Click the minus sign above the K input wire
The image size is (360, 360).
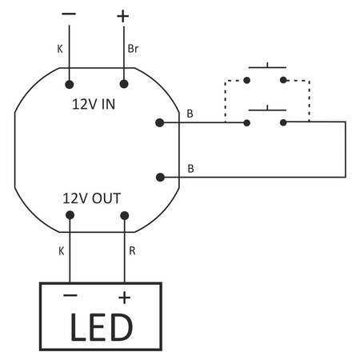tap(69, 14)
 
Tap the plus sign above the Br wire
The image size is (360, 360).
tap(122, 15)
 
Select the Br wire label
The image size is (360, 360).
tap(134, 49)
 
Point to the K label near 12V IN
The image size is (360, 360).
tap(60, 49)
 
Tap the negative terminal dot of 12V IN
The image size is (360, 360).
tap(70, 83)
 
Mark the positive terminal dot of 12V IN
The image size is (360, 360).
tap(124, 83)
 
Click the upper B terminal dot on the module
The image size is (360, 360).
tap(160, 122)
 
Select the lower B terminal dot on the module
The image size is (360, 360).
tap(160, 177)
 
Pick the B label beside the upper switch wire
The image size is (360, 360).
tap(190, 114)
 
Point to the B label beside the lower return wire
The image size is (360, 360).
tap(190, 168)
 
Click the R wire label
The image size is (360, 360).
tap(133, 250)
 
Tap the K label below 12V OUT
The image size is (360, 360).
tap(60, 250)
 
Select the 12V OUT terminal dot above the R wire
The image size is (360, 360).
tap(124, 215)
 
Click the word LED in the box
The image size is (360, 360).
tap(99, 326)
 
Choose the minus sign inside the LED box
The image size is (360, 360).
tap(70, 297)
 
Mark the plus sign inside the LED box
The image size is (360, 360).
tap(124, 298)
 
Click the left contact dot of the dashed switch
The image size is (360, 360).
tap(247, 80)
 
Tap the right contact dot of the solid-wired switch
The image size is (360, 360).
tap(283, 122)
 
